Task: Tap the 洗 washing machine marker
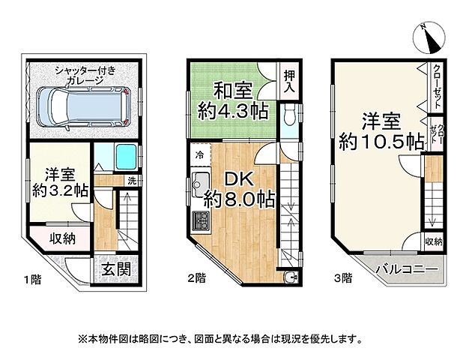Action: point(131,181)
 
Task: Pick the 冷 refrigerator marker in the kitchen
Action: point(199,154)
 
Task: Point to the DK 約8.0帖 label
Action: point(238,190)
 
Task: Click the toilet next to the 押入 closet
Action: point(289,114)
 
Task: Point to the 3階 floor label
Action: point(342,278)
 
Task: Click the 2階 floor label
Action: point(196,278)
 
